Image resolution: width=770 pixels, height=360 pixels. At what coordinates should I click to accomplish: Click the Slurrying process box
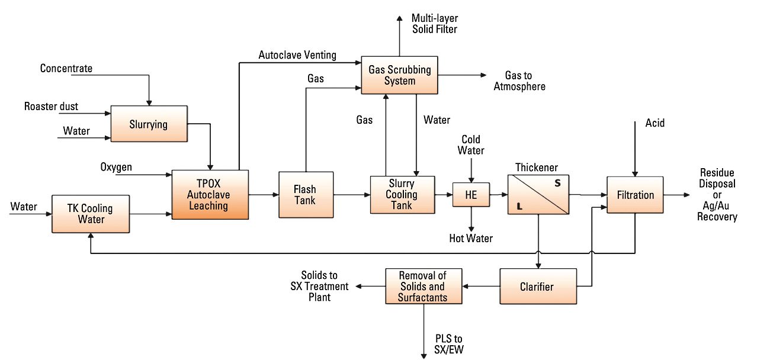(x=149, y=124)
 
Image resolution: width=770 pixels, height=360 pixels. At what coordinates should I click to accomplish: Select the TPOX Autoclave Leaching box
(x=210, y=195)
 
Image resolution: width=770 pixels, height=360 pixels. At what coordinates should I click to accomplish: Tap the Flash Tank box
(x=306, y=195)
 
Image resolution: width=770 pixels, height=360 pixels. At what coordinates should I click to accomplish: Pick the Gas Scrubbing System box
(x=400, y=75)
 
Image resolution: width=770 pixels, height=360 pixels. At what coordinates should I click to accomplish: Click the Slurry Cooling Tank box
(x=402, y=195)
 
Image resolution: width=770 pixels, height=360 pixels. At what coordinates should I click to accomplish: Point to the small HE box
(x=471, y=195)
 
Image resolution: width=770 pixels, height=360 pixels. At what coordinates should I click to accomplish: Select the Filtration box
(x=635, y=195)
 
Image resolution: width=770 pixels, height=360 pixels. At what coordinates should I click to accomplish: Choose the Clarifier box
(x=537, y=287)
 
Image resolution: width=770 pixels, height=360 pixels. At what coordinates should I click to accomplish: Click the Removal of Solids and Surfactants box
(x=423, y=287)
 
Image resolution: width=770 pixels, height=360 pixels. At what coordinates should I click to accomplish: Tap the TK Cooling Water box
(x=91, y=214)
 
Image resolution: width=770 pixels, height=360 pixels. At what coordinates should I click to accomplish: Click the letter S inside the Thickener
(x=557, y=184)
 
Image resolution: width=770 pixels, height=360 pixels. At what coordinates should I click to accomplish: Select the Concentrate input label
(x=66, y=69)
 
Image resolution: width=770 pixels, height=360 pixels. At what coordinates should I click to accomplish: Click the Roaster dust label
(x=51, y=107)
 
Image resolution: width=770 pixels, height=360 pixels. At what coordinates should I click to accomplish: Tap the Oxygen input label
(x=116, y=168)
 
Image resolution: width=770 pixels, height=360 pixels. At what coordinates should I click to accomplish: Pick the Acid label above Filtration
(x=655, y=123)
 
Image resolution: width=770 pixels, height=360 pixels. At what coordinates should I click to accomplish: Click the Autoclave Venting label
(x=297, y=55)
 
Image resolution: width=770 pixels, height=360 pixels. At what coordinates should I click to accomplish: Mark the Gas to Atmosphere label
(x=525, y=81)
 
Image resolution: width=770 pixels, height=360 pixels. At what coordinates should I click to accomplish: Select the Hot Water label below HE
(x=471, y=239)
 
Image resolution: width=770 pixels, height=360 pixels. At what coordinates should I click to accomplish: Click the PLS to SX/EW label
(x=449, y=344)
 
